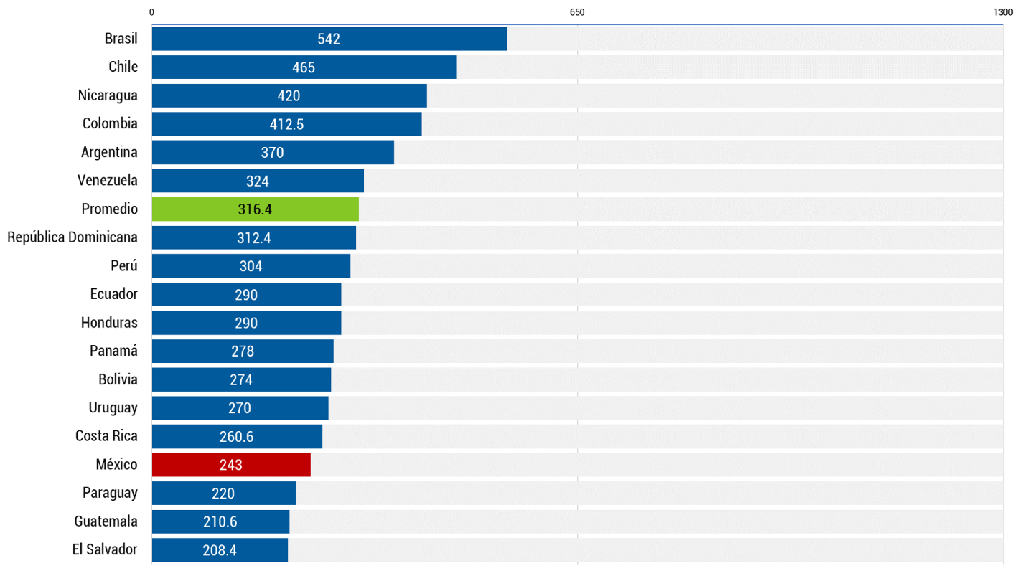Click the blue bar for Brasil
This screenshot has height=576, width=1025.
[x=329, y=39]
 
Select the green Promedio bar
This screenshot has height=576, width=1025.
[x=255, y=209]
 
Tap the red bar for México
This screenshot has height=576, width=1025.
[x=231, y=465]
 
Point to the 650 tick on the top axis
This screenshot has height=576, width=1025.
[x=577, y=12]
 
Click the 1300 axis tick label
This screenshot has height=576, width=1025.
[x=1003, y=12]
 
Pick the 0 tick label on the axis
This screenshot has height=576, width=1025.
[x=151, y=12]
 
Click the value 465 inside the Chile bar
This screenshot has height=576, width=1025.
[x=304, y=67]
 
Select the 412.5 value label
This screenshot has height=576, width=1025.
[x=286, y=124]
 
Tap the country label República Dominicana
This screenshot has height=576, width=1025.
[x=72, y=237]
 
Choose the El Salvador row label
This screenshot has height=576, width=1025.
[x=105, y=549]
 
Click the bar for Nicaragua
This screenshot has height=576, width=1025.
[x=289, y=95]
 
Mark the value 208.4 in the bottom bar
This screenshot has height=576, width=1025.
[x=220, y=550]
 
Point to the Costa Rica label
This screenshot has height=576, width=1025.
[x=106, y=436]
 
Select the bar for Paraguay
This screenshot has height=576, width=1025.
[x=223, y=493]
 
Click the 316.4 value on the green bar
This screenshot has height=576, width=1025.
[x=255, y=209]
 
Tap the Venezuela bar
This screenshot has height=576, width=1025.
[x=258, y=181]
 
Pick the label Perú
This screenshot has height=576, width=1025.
[x=124, y=266]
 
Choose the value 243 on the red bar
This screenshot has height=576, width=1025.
[x=231, y=465]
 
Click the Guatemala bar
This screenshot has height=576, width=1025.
[x=220, y=521]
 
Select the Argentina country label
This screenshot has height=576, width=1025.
[x=109, y=152]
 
